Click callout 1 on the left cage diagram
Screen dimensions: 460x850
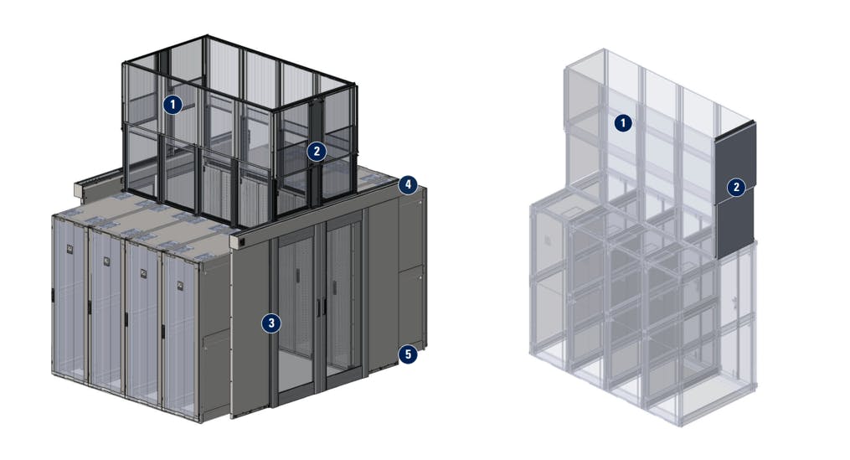(172, 105)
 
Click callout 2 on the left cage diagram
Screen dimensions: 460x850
(316, 152)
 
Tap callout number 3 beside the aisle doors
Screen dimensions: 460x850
(270, 323)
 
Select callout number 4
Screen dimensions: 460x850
(407, 184)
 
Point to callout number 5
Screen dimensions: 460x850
(407, 354)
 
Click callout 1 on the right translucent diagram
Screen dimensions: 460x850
(622, 123)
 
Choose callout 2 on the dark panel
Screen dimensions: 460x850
(735, 187)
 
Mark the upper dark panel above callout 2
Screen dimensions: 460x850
(737, 151)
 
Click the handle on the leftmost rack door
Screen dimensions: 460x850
(53, 296)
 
